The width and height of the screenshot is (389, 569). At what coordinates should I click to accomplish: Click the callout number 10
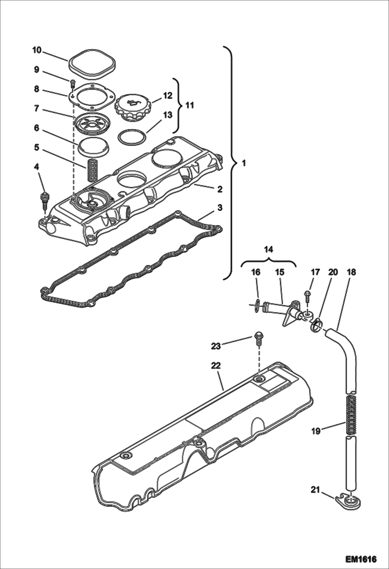pos(37,50)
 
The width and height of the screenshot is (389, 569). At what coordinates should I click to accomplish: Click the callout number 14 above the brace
pos(269,250)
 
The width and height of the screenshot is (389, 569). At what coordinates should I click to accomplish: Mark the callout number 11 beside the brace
pos(190,106)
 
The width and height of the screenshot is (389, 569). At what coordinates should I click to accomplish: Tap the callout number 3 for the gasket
pos(220,208)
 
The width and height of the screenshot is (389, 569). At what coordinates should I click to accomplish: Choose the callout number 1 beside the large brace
pos(244,163)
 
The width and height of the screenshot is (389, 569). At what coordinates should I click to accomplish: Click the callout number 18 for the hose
pos(352,272)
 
